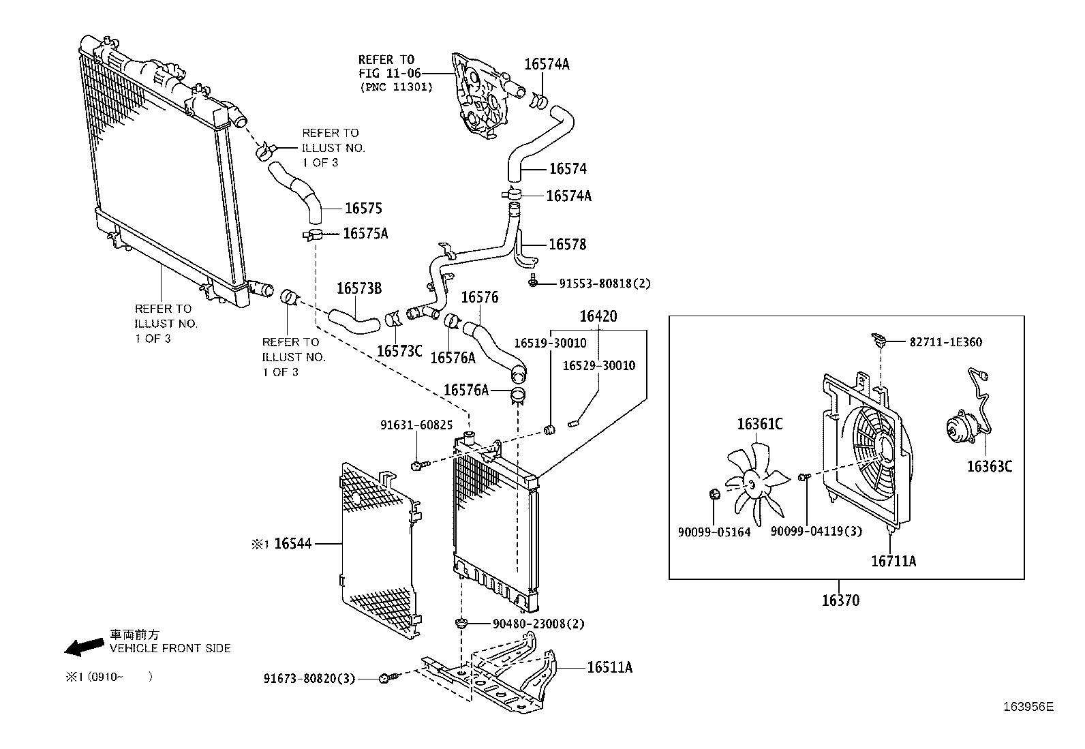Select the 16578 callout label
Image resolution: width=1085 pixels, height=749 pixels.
(x=567, y=244)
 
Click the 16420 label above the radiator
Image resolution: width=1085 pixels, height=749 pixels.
(x=598, y=316)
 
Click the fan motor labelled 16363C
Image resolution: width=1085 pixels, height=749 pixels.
(x=962, y=429)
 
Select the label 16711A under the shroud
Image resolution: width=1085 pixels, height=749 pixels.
(x=893, y=562)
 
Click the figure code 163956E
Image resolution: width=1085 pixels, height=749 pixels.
(x=1027, y=707)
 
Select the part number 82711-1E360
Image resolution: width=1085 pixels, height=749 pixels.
(x=945, y=342)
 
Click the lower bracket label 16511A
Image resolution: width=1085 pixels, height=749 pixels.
(x=609, y=667)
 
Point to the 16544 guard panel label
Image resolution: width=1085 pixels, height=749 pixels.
(x=292, y=543)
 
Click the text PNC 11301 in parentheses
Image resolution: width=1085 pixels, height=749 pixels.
(x=396, y=87)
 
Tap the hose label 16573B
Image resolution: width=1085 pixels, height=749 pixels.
(x=358, y=288)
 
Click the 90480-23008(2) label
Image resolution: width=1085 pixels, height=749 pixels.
(x=538, y=624)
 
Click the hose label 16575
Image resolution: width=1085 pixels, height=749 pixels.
(x=363, y=209)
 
